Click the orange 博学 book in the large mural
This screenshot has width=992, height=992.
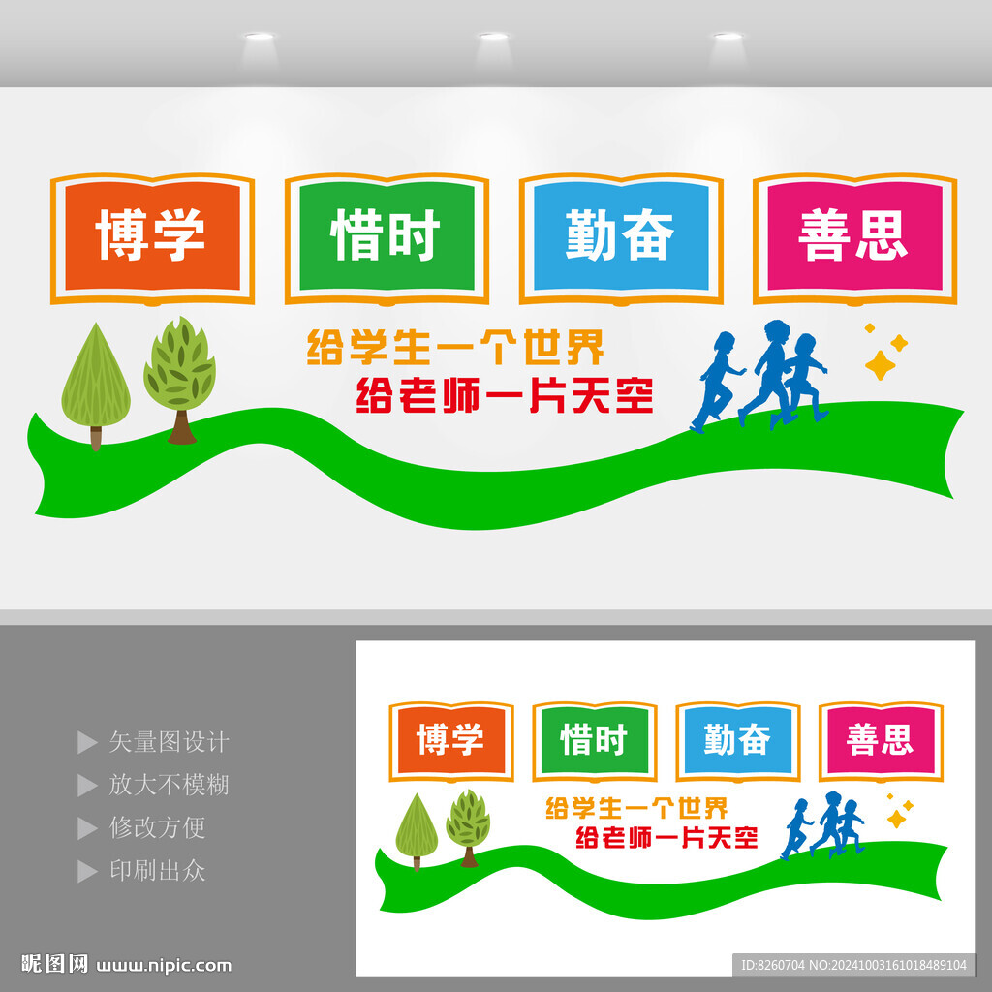[152, 236]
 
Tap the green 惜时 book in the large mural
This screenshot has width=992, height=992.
[387, 236]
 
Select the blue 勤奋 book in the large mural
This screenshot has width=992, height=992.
[621, 236]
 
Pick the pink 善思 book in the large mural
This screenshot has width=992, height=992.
[854, 236]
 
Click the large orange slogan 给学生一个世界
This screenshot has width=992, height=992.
[455, 346]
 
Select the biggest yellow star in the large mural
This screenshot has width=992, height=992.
[880, 364]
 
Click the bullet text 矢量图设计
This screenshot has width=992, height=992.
[169, 742]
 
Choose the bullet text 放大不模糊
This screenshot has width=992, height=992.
[169, 785]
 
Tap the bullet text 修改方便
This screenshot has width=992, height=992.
[157, 827]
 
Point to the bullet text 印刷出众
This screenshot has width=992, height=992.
[157, 870]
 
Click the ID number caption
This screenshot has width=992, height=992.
[852, 965]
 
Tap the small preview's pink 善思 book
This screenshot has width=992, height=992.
[880, 741]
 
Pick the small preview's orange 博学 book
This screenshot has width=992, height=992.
[450, 741]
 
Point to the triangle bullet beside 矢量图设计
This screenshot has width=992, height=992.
[86, 743]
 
